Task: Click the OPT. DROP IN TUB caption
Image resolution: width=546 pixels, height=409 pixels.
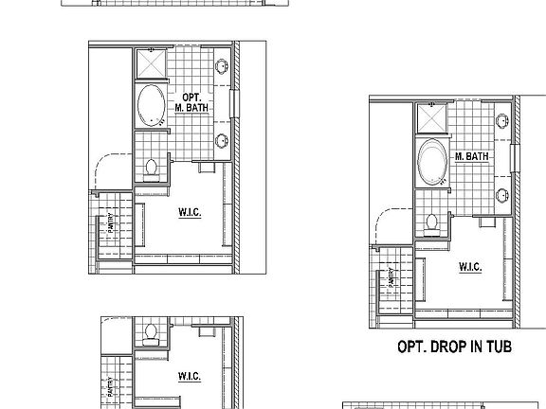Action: tap(455, 347)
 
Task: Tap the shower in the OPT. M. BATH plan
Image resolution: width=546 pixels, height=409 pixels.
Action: tap(152, 64)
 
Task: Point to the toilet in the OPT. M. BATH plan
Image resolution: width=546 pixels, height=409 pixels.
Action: tap(152, 169)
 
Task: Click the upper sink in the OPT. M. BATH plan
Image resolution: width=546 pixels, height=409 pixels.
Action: tap(222, 66)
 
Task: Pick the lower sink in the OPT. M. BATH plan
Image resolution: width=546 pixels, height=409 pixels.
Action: tap(222, 142)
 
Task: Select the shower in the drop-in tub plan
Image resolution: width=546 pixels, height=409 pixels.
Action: tap(432, 119)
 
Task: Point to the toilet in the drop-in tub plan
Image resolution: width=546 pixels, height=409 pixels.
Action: tap(432, 223)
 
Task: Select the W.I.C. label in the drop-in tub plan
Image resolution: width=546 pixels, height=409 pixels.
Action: tap(470, 268)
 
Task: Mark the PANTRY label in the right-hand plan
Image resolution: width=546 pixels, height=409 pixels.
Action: tap(391, 279)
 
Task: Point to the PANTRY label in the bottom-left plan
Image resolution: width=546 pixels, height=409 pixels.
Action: tap(112, 386)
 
